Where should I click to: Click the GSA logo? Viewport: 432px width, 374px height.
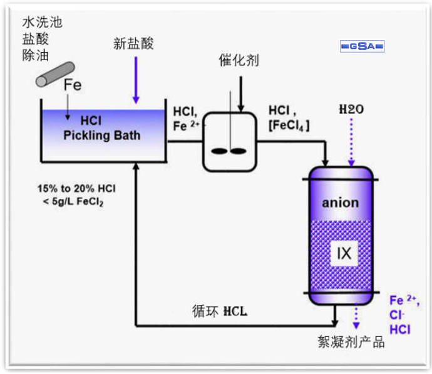pos(363,46)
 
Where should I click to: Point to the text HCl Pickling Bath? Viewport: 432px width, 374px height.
pos(102,129)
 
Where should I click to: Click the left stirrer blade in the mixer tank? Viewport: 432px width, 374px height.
pos(219,151)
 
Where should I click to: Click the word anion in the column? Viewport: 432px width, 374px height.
pos(341,202)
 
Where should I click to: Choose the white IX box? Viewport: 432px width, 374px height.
pos(344,254)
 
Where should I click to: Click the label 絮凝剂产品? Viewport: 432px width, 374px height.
pos(351,343)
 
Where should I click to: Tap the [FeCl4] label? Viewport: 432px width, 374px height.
pos(289,126)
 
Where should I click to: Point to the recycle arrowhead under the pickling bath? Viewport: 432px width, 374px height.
pos(136,166)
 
